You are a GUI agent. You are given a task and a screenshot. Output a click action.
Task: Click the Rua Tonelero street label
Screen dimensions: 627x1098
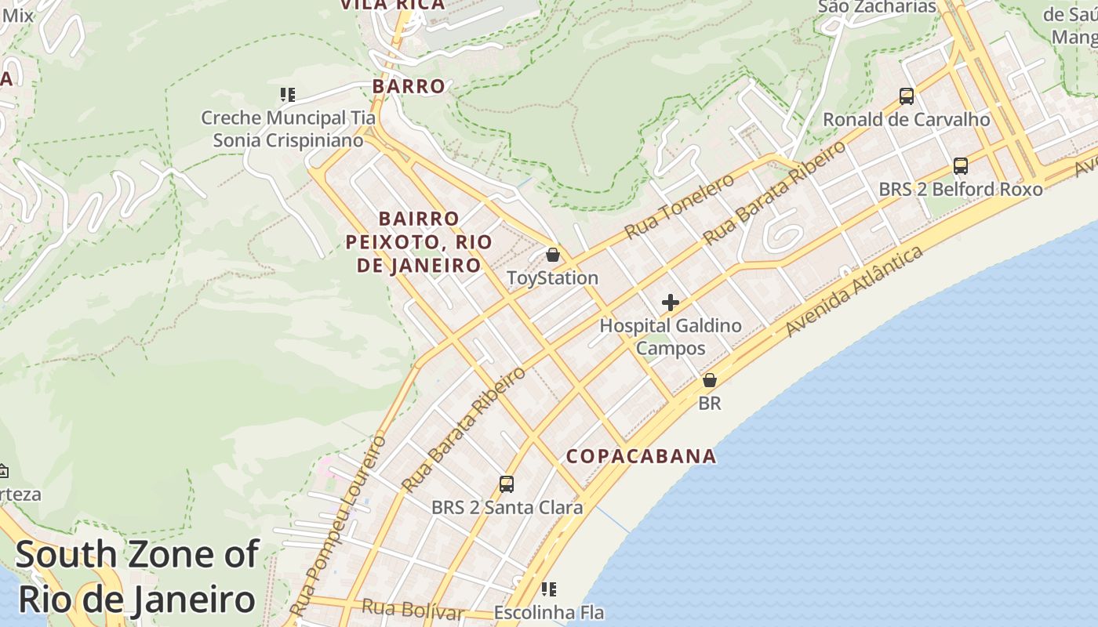click(680, 206)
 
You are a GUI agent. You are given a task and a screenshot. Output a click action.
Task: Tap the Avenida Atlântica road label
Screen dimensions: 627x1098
click(854, 291)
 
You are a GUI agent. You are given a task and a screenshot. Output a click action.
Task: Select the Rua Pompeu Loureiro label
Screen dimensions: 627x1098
click(337, 525)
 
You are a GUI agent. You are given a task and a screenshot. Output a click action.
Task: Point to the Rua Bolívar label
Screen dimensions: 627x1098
click(413, 609)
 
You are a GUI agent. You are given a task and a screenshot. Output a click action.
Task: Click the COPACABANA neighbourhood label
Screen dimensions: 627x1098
click(642, 456)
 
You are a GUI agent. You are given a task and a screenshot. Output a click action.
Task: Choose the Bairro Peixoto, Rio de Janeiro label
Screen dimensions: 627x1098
click(419, 241)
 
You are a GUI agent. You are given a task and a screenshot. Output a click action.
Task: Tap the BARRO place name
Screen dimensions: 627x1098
click(409, 86)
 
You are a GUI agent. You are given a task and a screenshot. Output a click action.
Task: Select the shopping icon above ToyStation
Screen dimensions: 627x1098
click(553, 255)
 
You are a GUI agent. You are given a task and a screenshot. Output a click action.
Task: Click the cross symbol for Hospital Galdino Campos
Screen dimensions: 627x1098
click(671, 302)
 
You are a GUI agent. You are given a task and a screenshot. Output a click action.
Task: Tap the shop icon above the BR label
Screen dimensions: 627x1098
click(710, 380)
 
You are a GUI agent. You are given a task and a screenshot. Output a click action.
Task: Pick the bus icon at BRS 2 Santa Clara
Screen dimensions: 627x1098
click(507, 484)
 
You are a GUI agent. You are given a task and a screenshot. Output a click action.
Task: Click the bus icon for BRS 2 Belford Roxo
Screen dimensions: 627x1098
click(961, 166)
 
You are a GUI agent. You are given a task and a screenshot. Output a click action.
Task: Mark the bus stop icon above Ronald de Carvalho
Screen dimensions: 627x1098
click(907, 96)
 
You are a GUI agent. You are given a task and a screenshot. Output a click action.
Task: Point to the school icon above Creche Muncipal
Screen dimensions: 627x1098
click(288, 95)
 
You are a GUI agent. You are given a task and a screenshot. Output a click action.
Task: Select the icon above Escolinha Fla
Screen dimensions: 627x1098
click(549, 589)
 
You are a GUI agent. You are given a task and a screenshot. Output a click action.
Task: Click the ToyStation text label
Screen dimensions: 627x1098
click(552, 278)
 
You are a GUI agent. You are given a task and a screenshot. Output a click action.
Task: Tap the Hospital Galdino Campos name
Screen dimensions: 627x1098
click(671, 336)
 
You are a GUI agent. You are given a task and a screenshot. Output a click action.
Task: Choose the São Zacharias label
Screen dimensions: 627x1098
click(877, 7)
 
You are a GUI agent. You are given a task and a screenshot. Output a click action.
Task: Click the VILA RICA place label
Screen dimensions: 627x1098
click(392, 5)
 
